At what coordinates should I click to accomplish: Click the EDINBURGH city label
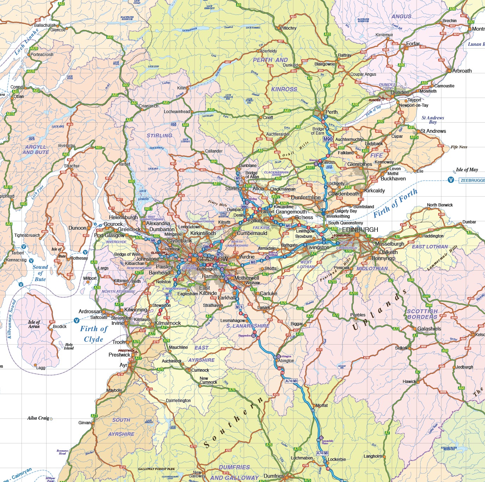coord(360,230)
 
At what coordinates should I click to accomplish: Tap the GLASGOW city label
coord(213,259)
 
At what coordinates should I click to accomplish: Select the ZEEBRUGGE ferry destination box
coord(472,180)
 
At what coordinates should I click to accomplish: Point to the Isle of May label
coord(467,170)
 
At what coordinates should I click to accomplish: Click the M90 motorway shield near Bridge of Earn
coord(328,139)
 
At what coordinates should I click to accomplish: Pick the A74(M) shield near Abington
coord(291,381)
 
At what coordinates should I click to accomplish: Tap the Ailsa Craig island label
coord(38,418)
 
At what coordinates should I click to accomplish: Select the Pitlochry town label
coord(288,28)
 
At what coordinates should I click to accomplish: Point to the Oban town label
coord(19,97)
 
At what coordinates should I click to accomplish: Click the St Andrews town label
coord(433,131)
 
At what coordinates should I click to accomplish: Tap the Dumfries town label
coord(274,476)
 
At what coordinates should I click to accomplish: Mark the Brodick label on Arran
coord(60,327)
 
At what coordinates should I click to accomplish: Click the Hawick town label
coord(409,382)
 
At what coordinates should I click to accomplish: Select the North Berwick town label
coord(440,205)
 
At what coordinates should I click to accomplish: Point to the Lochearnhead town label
coord(177,112)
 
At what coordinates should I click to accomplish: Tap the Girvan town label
coord(84,423)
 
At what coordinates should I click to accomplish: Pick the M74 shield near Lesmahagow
coord(239,307)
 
